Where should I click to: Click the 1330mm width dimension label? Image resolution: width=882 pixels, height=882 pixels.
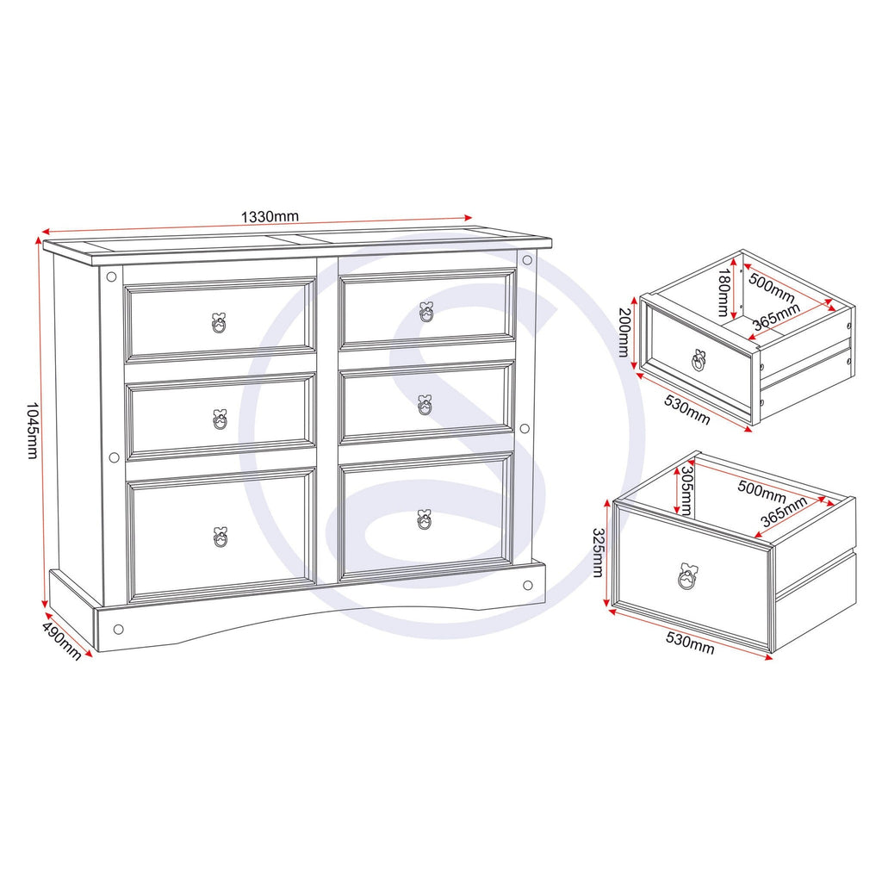[270, 216]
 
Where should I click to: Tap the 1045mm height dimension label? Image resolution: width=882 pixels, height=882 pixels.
[32, 431]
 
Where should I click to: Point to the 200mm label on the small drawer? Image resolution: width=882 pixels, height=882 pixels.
[624, 332]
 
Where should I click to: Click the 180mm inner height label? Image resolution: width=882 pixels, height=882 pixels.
[724, 293]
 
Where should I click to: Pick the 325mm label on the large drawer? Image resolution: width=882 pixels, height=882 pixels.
[598, 552]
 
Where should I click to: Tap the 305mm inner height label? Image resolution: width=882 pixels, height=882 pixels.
[686, 490]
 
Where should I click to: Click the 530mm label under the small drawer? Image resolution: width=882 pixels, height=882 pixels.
[686, 409]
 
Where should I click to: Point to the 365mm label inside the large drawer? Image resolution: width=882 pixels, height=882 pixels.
[784, 512]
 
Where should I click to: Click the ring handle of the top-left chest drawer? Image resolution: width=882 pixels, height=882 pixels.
[219, 323]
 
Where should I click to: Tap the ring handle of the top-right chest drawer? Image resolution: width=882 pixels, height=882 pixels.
[426, 312]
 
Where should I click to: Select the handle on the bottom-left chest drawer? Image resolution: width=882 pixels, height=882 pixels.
[220, 537]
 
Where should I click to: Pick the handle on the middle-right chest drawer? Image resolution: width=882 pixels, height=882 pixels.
[425, 405]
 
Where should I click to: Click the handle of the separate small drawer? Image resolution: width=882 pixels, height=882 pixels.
[699, 360]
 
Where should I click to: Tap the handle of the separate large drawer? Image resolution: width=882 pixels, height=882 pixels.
[686, 576]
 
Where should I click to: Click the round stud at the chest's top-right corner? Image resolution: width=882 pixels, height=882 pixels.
[527, 260]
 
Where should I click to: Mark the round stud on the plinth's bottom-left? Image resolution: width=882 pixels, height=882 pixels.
[118, 629]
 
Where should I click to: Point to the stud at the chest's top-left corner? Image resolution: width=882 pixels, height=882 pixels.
[111, 276]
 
